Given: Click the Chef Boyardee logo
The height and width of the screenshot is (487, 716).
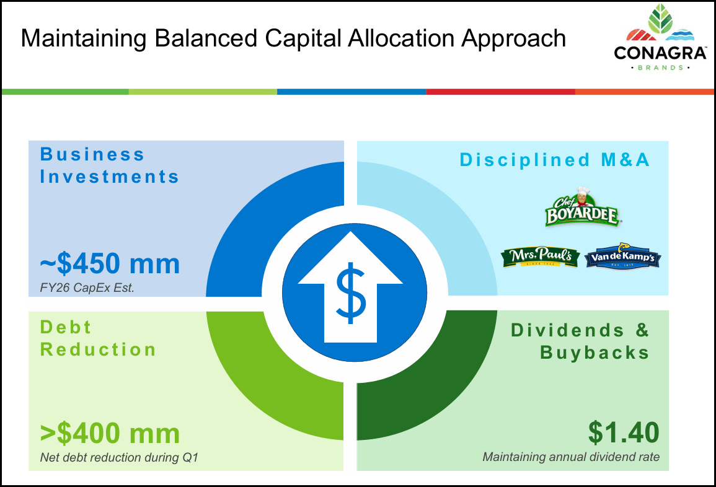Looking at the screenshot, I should click(581, 207).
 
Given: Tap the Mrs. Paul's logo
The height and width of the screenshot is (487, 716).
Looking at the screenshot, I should click(541, 257).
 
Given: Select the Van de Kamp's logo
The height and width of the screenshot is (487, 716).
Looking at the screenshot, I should click(622, 257).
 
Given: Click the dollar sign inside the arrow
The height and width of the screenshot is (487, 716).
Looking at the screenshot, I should click(351, 292).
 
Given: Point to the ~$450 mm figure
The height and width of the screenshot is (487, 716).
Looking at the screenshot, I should click(110, 264).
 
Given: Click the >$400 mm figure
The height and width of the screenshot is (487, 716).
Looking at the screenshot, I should click(110, 433).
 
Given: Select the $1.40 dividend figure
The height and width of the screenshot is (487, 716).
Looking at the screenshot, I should click(624, 433).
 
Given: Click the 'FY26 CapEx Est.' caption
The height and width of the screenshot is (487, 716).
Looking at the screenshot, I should click(87, 288).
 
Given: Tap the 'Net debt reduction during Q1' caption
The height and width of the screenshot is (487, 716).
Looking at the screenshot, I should click(119, 458).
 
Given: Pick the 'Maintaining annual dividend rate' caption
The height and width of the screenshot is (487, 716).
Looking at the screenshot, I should click(571, 458).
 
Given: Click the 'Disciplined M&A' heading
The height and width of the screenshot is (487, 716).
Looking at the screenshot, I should click(554, 160).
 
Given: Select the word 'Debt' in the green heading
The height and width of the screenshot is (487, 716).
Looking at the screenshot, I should click(66, 327).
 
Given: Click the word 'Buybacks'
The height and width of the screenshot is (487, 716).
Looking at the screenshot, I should click(594, 353).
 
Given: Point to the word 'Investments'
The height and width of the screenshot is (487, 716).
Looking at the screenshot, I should click(110, 177).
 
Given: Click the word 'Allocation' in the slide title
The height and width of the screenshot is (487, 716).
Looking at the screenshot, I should click(398, 38).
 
